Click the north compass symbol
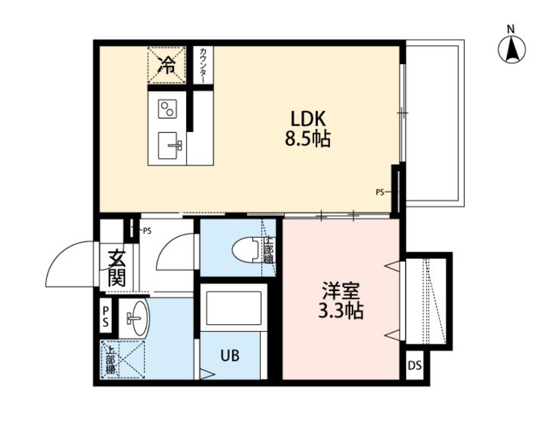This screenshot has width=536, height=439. pos(512,49)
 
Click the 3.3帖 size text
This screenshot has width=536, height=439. pos(341,311)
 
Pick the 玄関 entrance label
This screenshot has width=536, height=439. pos(117,268)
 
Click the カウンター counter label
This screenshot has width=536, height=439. pos(203,65)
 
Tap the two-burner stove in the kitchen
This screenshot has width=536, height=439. pos(167,109)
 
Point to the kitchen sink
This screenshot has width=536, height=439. pos(171,145)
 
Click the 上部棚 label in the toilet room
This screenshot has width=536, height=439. pos(269,250)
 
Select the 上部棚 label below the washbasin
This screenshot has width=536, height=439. pos(111,359)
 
